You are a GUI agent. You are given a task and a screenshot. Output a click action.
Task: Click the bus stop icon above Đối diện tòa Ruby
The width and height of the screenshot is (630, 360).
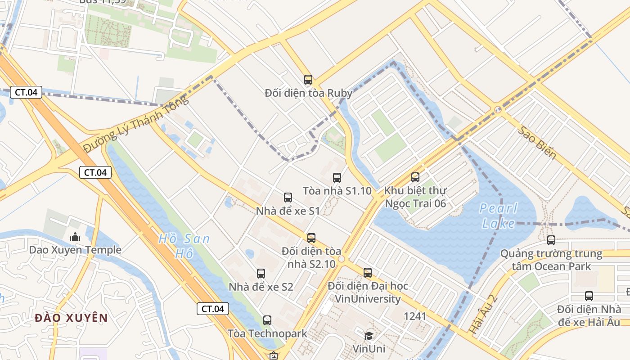click(x=308, y=80)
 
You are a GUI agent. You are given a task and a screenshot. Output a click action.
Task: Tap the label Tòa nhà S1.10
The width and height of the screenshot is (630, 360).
click(x=337, y=191)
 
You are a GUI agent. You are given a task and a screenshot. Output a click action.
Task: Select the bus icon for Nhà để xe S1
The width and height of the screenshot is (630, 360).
click(x=288, y=198)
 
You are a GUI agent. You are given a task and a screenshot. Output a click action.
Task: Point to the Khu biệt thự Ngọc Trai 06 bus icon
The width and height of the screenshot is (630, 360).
click(x=415, y=177)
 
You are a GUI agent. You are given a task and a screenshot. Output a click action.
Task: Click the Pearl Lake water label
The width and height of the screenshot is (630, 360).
click(x=498, y=216)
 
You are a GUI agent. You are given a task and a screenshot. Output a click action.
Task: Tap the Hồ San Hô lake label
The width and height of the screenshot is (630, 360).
click(x=184, y=246)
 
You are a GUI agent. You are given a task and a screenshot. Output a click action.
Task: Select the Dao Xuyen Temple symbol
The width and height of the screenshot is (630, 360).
click(x=75, y=236)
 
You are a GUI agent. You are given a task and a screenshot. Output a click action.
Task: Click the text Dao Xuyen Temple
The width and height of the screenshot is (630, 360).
click(x=75, y=250)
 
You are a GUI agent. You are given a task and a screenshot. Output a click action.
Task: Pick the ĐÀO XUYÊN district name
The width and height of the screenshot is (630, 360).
click(x=71, y=318)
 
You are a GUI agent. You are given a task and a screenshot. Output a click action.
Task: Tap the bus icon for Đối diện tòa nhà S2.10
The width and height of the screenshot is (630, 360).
click(x=311, y=238)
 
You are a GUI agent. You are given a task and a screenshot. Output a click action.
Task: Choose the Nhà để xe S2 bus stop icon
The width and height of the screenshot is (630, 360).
click(x=261, y=273)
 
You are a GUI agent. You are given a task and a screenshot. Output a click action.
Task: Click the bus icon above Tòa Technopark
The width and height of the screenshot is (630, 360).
click(x=267, y=320)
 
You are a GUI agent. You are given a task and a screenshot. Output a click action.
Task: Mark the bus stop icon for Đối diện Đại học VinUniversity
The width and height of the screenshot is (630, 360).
click(x=368, y=272)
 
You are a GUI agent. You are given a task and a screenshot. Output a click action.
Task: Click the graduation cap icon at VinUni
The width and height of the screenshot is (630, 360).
click(x=369, y=336)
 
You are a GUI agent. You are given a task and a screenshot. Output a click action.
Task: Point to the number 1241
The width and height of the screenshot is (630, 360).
click(x=414, y=316)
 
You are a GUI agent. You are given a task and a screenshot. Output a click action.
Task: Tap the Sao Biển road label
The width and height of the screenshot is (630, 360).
click(x=537, y=142)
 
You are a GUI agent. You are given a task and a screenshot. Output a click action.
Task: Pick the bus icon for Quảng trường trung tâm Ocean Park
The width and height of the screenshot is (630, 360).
click(x=551, y=240)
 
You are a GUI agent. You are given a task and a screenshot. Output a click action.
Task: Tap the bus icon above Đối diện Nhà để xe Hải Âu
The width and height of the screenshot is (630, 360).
click(x=589, y=296)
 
